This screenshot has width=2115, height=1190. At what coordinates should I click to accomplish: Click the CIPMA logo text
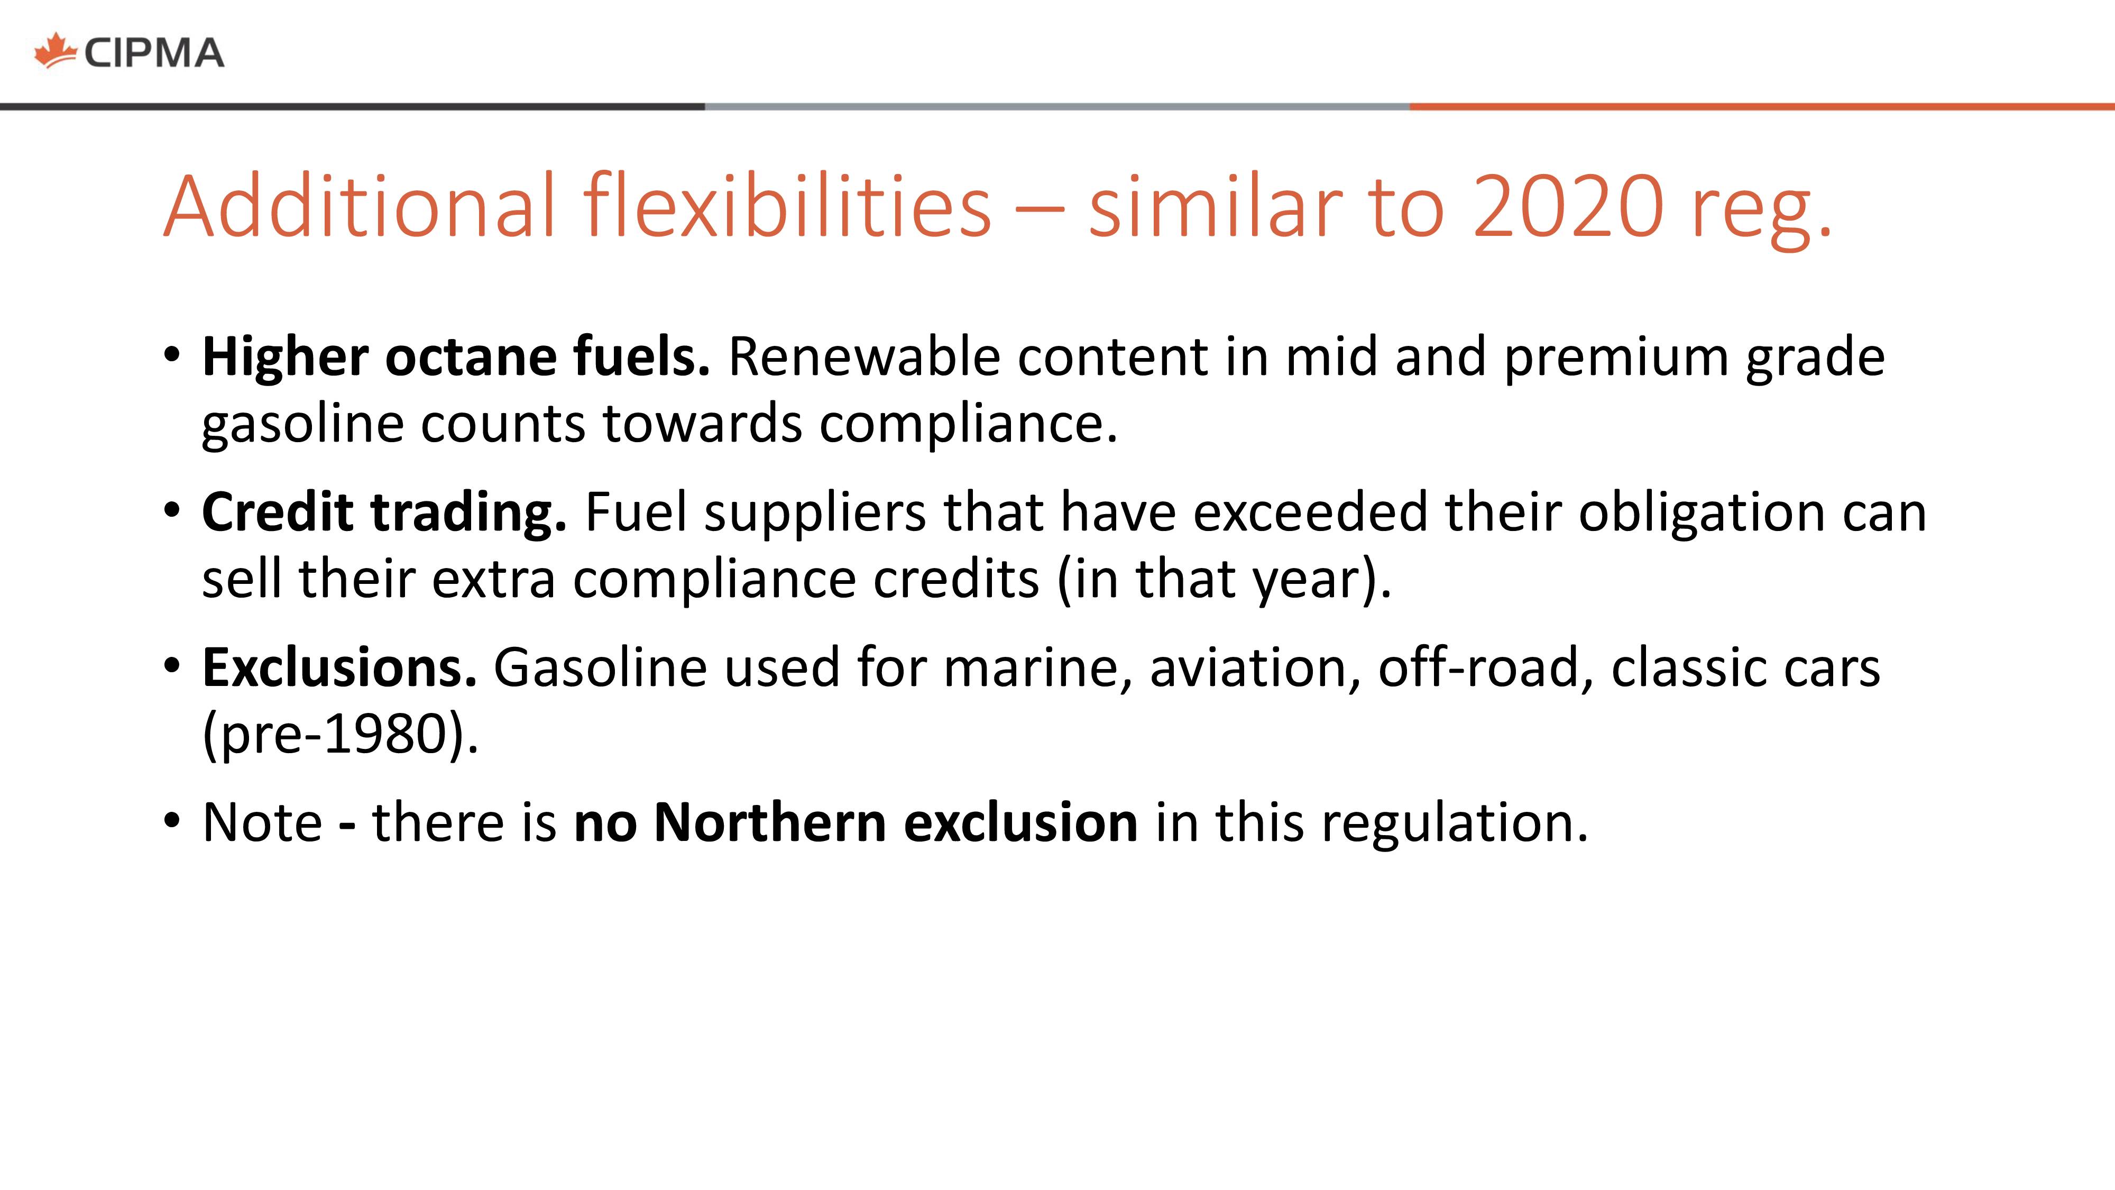pyautogui.click(x=153, y=53)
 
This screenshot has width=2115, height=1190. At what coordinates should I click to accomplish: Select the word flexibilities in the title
pyautogui.click(x=787, y=205)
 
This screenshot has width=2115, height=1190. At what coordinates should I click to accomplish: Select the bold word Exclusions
pyautogui.click(x=339, y=667)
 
